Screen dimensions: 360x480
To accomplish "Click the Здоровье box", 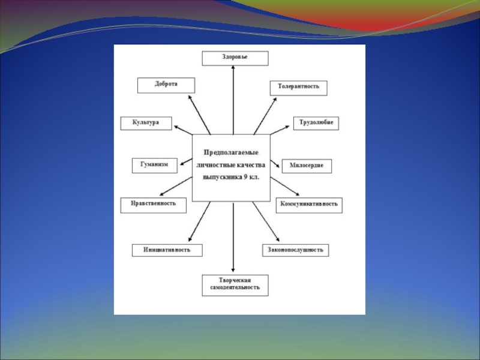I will (235, 58).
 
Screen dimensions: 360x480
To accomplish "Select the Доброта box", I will (166, 85).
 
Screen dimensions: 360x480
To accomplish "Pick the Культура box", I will (146, 123).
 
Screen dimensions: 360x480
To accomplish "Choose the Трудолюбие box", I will (316, 123).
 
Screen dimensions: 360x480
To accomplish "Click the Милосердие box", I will (307, 166).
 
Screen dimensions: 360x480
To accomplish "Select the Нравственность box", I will (153, 204).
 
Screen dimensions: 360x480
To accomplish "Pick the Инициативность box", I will (167, 250).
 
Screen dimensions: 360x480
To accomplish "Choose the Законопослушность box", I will (296, 250).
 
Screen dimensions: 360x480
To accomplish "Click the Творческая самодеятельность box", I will (235, 285).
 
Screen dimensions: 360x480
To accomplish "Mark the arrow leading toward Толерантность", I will (265, 115).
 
